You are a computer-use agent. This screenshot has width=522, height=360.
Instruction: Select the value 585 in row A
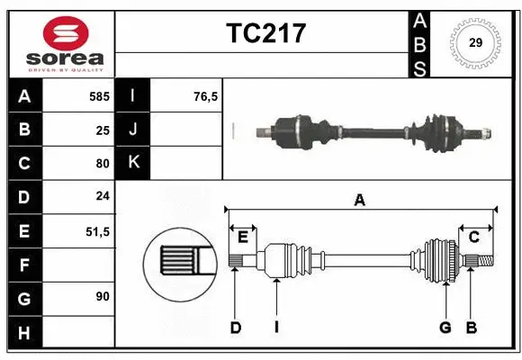[x=98, y=95]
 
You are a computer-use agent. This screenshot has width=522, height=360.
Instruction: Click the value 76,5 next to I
[x=206, y=95]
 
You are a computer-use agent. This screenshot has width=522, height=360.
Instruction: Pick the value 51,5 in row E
[x=97, y=231]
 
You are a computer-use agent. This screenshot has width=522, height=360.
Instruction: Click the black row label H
[x=23, y=333]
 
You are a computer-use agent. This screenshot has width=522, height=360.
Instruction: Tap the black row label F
[x=23, y=265]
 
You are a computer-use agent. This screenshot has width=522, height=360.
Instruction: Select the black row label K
[x=133, y=163]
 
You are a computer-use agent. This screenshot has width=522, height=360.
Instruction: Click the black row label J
[x=133, y=130]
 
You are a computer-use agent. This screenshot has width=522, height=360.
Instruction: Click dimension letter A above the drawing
[x=360, y=201]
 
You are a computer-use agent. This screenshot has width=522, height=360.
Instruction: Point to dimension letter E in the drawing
[x=243, y=237]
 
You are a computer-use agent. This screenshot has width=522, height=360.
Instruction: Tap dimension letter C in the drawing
[x=473, y=237]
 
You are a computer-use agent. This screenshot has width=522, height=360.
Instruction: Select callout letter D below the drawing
[x=235, y=328]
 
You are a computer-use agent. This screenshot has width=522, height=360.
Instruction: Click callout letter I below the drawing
[x=276, y=328]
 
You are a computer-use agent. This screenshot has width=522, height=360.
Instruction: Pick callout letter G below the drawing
[x=445, y=328]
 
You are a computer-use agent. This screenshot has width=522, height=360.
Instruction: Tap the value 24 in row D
[x=101, y=197]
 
